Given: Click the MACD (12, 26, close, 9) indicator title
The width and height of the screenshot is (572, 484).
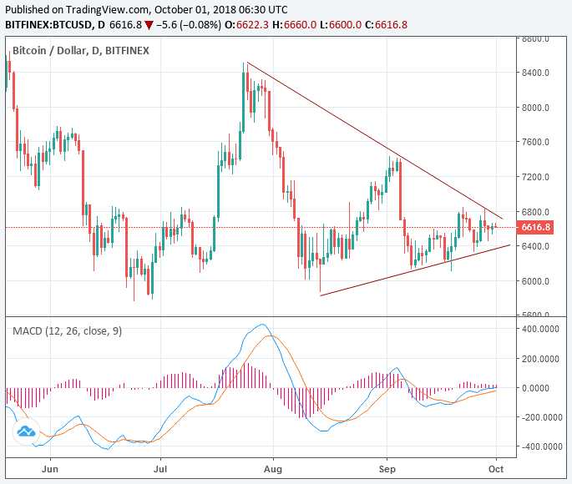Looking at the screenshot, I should click(x=67, y=330).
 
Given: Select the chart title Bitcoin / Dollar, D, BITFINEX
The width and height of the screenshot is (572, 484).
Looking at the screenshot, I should click(x=81, y=50).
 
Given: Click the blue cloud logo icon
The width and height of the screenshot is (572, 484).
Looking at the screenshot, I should click(x=25, y=431).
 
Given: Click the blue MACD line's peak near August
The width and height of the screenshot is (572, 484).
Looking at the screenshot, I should click(x=263, y=325).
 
